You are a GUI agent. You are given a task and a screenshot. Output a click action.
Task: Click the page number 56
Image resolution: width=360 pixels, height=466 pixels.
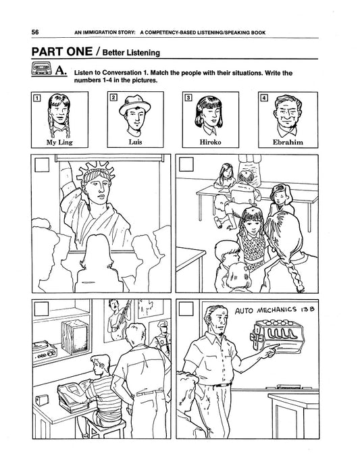[x=35, y=32]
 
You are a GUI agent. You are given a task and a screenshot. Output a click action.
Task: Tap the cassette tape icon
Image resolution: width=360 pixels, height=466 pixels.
[x=41, y=69]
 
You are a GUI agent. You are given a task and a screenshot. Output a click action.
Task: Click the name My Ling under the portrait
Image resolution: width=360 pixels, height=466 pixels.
[x=59, y=143]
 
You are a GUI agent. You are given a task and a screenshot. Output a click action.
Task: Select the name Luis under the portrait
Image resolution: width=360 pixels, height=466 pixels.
[x=135, y=142]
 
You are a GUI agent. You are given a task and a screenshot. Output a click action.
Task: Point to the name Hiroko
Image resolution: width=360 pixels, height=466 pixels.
[x=211, y=142]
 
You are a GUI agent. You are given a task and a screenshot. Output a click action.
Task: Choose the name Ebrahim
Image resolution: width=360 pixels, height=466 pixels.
[x=288, y=142]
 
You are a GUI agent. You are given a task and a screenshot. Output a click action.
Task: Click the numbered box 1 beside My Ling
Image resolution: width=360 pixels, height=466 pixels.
[x=36, y=97]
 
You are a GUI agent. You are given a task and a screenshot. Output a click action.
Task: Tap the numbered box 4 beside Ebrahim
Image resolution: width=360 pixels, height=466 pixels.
[x=263, y=97]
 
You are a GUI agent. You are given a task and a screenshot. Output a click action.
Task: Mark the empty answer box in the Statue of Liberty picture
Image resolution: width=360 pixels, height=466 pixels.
[x=42, y=165]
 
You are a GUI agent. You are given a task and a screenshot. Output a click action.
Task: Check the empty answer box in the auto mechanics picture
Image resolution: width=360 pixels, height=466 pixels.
[x=186, y=309]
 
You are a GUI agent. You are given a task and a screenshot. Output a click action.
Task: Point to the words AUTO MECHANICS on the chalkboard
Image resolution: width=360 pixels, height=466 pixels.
[x=265, y=310]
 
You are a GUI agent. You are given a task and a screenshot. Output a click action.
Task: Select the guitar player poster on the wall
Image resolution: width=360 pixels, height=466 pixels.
[x=118, y=320]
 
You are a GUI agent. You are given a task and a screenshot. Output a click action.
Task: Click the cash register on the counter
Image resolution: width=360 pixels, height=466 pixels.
[x=73, y=396]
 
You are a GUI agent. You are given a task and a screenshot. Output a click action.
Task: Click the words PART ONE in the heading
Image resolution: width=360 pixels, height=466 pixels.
[x=62, y=51]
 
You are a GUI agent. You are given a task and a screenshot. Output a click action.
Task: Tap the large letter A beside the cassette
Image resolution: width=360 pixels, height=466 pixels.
[x=60, y=70]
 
